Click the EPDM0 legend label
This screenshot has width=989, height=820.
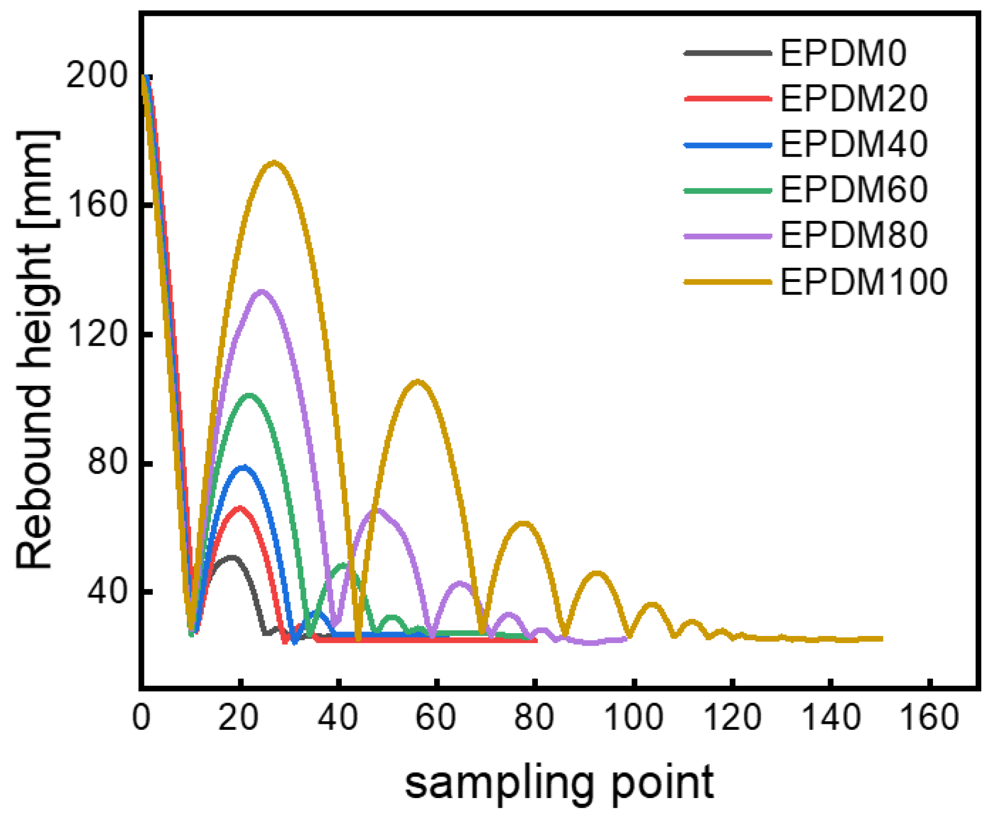tap(843, 53)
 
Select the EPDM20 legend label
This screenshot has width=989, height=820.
tap(854, 99)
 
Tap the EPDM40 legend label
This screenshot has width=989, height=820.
tap(854, 145)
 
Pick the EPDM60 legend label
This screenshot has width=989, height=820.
tap(854, 190)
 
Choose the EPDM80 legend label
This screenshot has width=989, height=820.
tap(854, 236)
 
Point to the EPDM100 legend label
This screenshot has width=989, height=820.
tap(864, 282)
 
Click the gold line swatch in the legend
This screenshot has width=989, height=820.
tap(727, 282)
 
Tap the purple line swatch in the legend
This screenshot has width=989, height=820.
tap(727, 236)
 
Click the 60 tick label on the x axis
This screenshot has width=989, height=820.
tap(436, 718)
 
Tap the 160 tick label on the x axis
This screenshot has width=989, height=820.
tap(930, 718)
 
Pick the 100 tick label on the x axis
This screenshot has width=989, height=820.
tap(634, 718)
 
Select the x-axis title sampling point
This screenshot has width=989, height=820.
tap(559, 783)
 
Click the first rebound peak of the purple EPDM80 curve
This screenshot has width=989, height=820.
tap(262, 291)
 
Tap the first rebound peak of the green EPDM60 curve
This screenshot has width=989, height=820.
tap(250, 395)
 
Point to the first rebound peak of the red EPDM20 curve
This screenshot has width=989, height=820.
tap(239, 507)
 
